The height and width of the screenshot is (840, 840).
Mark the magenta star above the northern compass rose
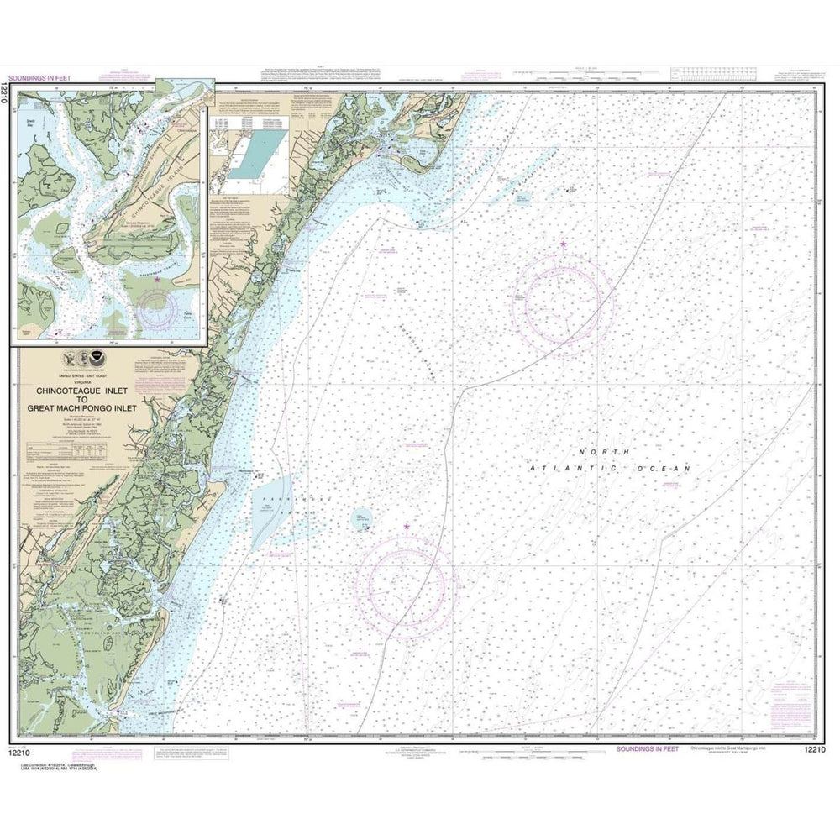[563, 244]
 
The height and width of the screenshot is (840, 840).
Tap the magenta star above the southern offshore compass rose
[407, 527]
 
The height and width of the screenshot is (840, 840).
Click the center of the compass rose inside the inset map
[157, 307]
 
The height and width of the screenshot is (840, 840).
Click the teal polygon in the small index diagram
[251, 157]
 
